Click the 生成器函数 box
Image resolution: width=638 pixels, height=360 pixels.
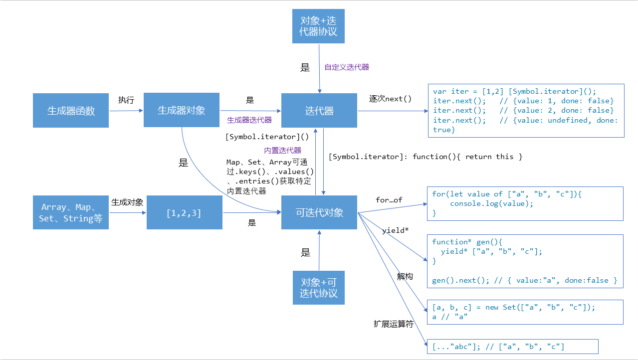(71, 111)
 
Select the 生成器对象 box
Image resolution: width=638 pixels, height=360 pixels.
(182, 110)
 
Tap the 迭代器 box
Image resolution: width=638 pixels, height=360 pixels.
(319, 111)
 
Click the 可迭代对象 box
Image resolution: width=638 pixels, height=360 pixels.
(319, 212)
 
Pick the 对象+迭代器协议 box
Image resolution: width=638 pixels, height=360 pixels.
(319, 26)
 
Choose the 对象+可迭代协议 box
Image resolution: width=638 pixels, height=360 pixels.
(319, 287)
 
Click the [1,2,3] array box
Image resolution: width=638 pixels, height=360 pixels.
(184, 213)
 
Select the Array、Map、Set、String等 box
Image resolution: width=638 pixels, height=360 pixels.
(71, 213)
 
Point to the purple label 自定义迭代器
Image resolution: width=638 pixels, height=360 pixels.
(347, 67)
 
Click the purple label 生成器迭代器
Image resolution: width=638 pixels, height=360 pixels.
(249, 120)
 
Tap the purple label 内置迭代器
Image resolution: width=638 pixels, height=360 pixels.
(282, 150)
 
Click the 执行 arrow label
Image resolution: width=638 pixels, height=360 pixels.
(126, 100)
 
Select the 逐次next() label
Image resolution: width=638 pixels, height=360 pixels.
(390, 98)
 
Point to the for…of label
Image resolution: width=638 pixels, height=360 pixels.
(389, 200)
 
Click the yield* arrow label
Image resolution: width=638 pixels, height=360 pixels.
(396, 230)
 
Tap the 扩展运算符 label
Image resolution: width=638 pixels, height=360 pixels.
(394, 324)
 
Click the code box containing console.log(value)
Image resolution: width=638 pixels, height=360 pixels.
(525, 203)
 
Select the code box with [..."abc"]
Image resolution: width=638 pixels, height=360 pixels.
(512, 347)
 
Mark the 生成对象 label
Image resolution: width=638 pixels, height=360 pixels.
(127, 202)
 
